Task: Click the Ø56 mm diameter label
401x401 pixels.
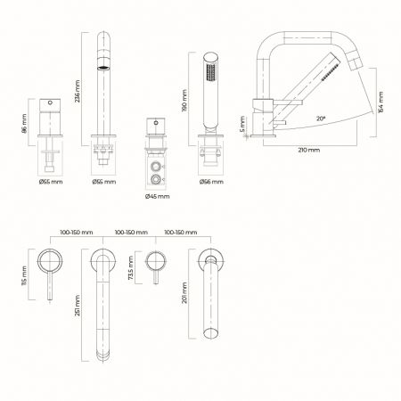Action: (212, 181)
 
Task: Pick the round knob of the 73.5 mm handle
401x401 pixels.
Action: (158, 261)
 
